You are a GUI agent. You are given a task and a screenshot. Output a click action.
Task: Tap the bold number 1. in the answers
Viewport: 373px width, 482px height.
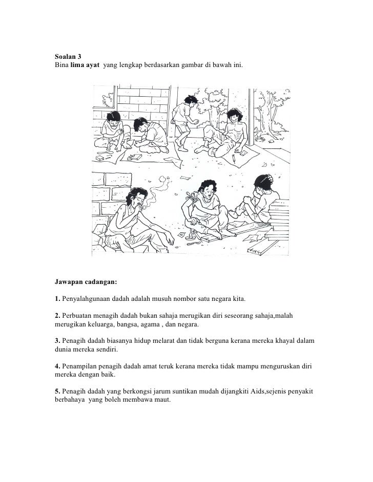[57, 299]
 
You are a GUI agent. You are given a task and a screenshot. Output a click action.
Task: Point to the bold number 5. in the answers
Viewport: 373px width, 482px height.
[57, 391]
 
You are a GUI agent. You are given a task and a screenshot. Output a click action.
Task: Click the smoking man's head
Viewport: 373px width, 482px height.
[138, 197]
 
